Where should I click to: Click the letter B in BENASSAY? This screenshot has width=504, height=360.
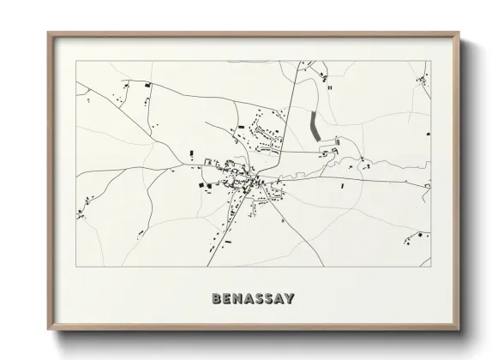tap(216, 298)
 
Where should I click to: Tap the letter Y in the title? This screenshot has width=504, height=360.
tap(290, 298)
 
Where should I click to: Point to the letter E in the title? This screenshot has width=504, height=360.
tap(226, 298)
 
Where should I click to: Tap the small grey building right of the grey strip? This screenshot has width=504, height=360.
tap(337, 141)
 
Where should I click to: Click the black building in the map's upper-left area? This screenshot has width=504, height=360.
tap(147, 85)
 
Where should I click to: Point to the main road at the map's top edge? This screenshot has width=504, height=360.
tap(297, 63)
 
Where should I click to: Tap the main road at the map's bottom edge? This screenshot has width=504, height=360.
tap(207, 265)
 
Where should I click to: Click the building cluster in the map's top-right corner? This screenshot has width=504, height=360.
tap(422, 81)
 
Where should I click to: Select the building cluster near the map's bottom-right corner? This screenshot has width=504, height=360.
tap(420, 234)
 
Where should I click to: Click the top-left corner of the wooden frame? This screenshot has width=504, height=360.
tap(48, 33)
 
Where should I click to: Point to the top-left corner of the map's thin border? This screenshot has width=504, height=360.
tap(76, 61)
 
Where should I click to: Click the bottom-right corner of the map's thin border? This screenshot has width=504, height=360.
tap(430, 267)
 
